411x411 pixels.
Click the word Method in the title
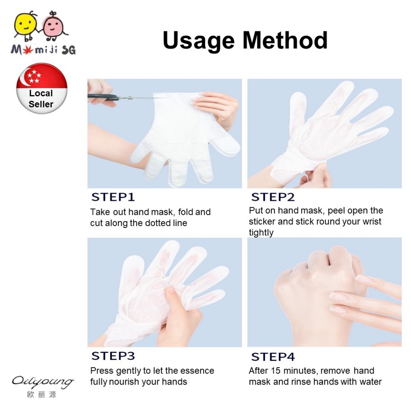point(285,40)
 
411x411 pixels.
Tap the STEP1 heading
point(113,197)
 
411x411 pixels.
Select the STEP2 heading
point(273,197)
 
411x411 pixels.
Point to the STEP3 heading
point(113,356)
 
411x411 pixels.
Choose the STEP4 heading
point(273,357)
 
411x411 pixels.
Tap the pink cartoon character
point(53,26)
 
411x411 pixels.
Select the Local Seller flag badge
point(42,88)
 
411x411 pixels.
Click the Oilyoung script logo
point(43,382)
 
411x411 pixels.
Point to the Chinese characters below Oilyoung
point(41,395)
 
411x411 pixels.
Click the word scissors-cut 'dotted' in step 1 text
point(157,223)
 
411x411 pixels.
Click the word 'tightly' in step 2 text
point(261,233)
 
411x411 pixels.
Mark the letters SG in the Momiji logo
point(69,50)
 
